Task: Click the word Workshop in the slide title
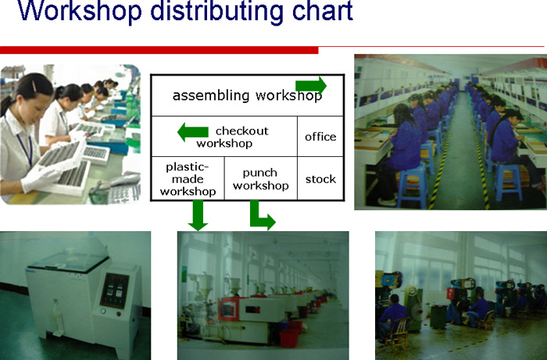click(80, 12)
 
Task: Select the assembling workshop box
click(248, 95)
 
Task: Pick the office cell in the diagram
click(320, 137)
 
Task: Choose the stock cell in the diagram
click(320, 179)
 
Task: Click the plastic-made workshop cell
click(188, 179)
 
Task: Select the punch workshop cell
click(261, 179)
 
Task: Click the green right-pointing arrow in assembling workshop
click(311, 85)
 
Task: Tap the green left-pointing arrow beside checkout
click(193, 132)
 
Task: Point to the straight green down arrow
click(198, 216)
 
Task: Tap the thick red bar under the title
click(159, 50)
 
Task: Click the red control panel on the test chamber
click(114, 290)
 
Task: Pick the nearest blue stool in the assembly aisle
click(412, 185)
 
